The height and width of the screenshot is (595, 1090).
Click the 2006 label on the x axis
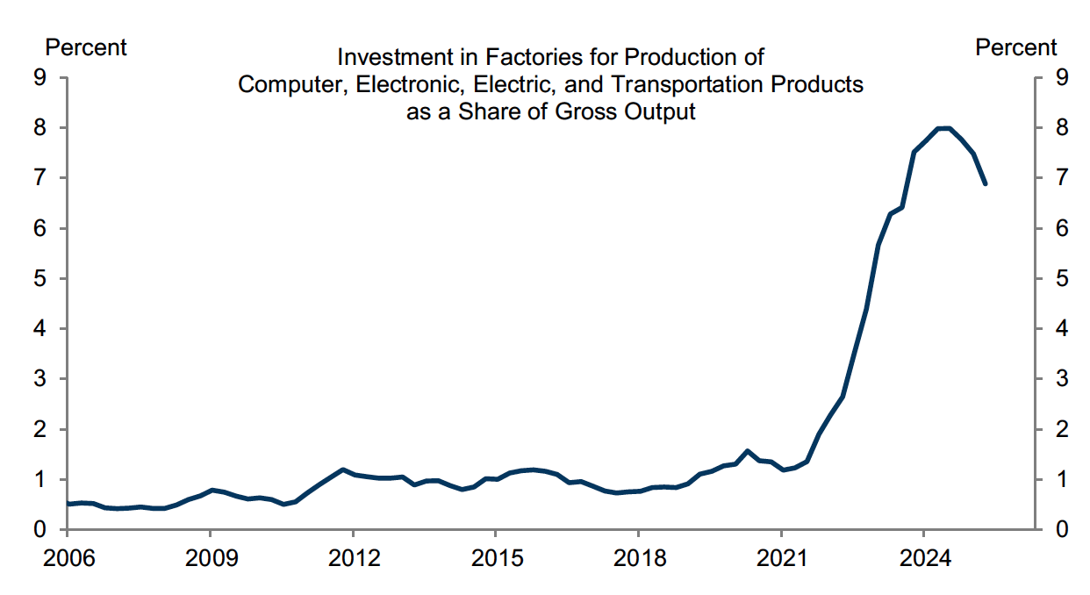67,560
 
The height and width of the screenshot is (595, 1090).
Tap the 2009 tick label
210,560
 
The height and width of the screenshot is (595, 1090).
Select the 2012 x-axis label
352,560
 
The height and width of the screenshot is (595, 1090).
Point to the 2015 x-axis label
495,560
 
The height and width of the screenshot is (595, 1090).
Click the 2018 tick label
638,560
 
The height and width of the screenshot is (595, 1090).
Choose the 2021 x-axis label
781,560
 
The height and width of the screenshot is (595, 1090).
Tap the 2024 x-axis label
923,560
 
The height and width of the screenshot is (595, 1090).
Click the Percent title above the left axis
86,47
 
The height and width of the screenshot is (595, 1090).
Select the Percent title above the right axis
1016,47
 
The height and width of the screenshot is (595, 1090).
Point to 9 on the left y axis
39,77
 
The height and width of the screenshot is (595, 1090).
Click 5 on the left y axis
39,278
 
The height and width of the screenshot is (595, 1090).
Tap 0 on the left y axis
39,530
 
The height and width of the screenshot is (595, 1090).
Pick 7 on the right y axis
1062,178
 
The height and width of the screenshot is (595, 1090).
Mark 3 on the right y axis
1062,379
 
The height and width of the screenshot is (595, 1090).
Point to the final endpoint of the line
986,184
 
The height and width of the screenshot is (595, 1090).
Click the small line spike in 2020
748,451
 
